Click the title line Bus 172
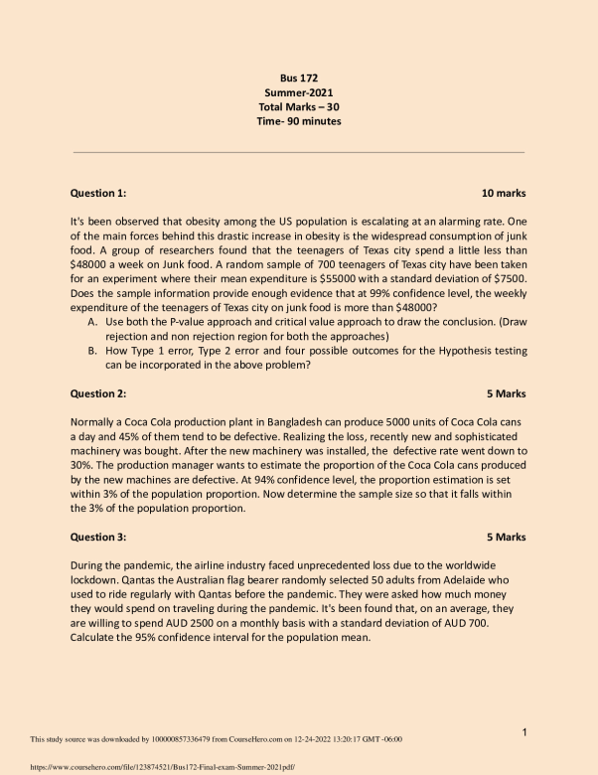point(298,77)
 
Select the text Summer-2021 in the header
point(298,91)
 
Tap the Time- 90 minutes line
point(298,121)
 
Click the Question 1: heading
point(98,193)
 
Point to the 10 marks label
point(503,193)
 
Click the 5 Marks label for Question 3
point(506,537)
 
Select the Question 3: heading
point(98,537)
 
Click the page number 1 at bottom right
point(523,732)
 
